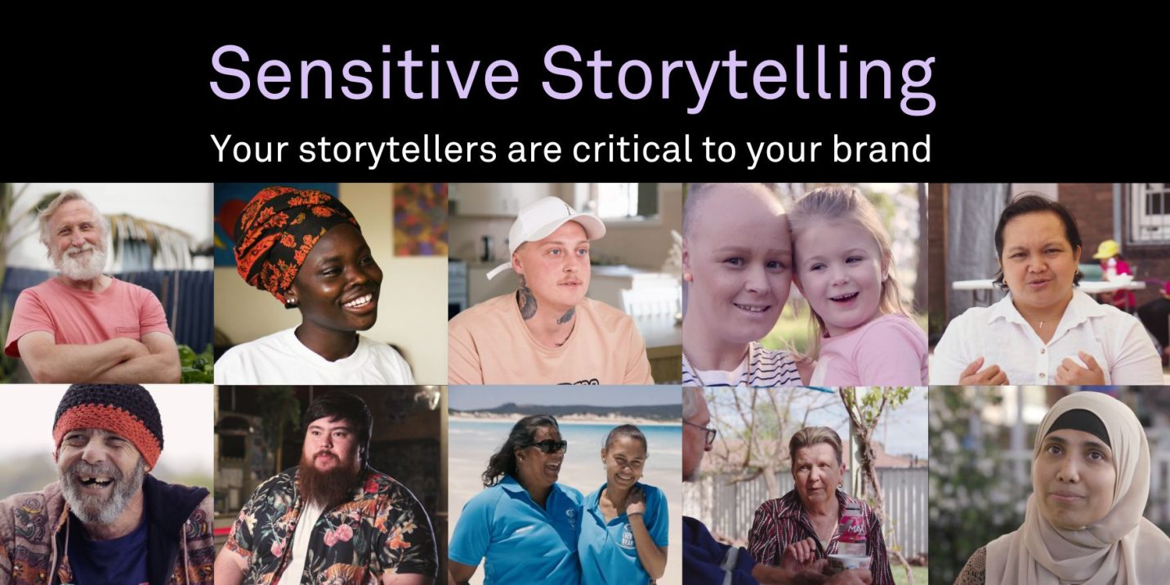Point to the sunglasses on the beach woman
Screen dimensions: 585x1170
tap(547, 446)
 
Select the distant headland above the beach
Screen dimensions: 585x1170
tap(564, 409)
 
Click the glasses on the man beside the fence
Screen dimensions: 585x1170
tap(705, 432)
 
